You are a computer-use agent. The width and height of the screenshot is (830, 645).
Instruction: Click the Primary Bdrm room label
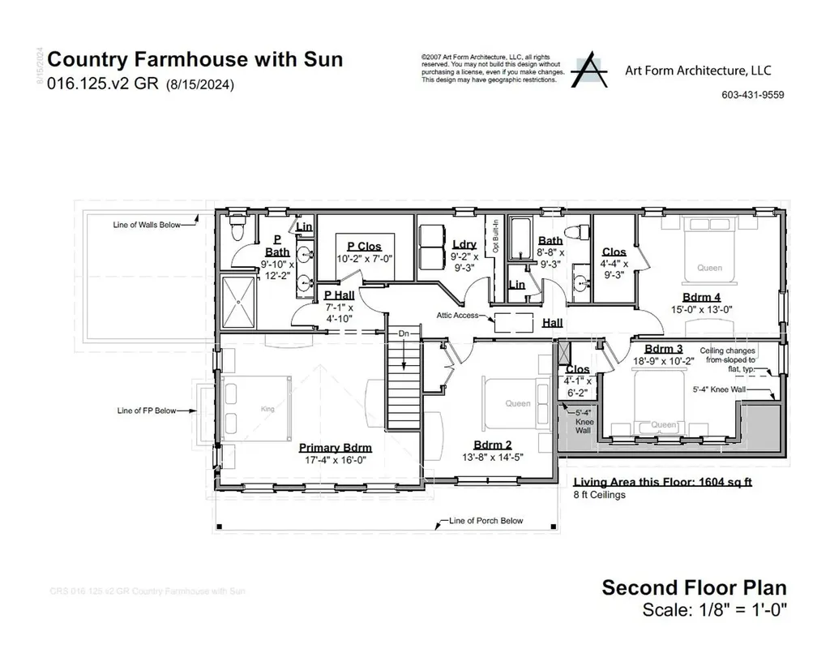pos(335,447)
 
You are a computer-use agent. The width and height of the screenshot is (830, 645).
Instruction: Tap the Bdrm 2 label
pos(493,444)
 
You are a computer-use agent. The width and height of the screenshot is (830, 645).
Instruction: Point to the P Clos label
pos(364,247)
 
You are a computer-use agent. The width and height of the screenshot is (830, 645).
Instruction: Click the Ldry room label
pos(464,244)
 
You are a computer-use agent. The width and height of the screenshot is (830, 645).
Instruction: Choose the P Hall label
pos(339,295)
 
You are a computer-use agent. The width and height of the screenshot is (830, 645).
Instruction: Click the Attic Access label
pos(457,315)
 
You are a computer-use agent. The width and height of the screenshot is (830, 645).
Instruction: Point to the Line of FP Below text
pos(146,411)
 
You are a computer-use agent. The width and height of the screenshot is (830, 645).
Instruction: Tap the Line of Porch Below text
pos(486,521)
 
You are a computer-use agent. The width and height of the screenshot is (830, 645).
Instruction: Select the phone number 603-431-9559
pos(752,95)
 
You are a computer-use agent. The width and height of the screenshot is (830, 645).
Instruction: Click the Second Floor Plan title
pos(693,587)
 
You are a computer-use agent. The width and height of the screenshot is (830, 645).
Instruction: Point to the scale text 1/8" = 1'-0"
pos(713,609)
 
